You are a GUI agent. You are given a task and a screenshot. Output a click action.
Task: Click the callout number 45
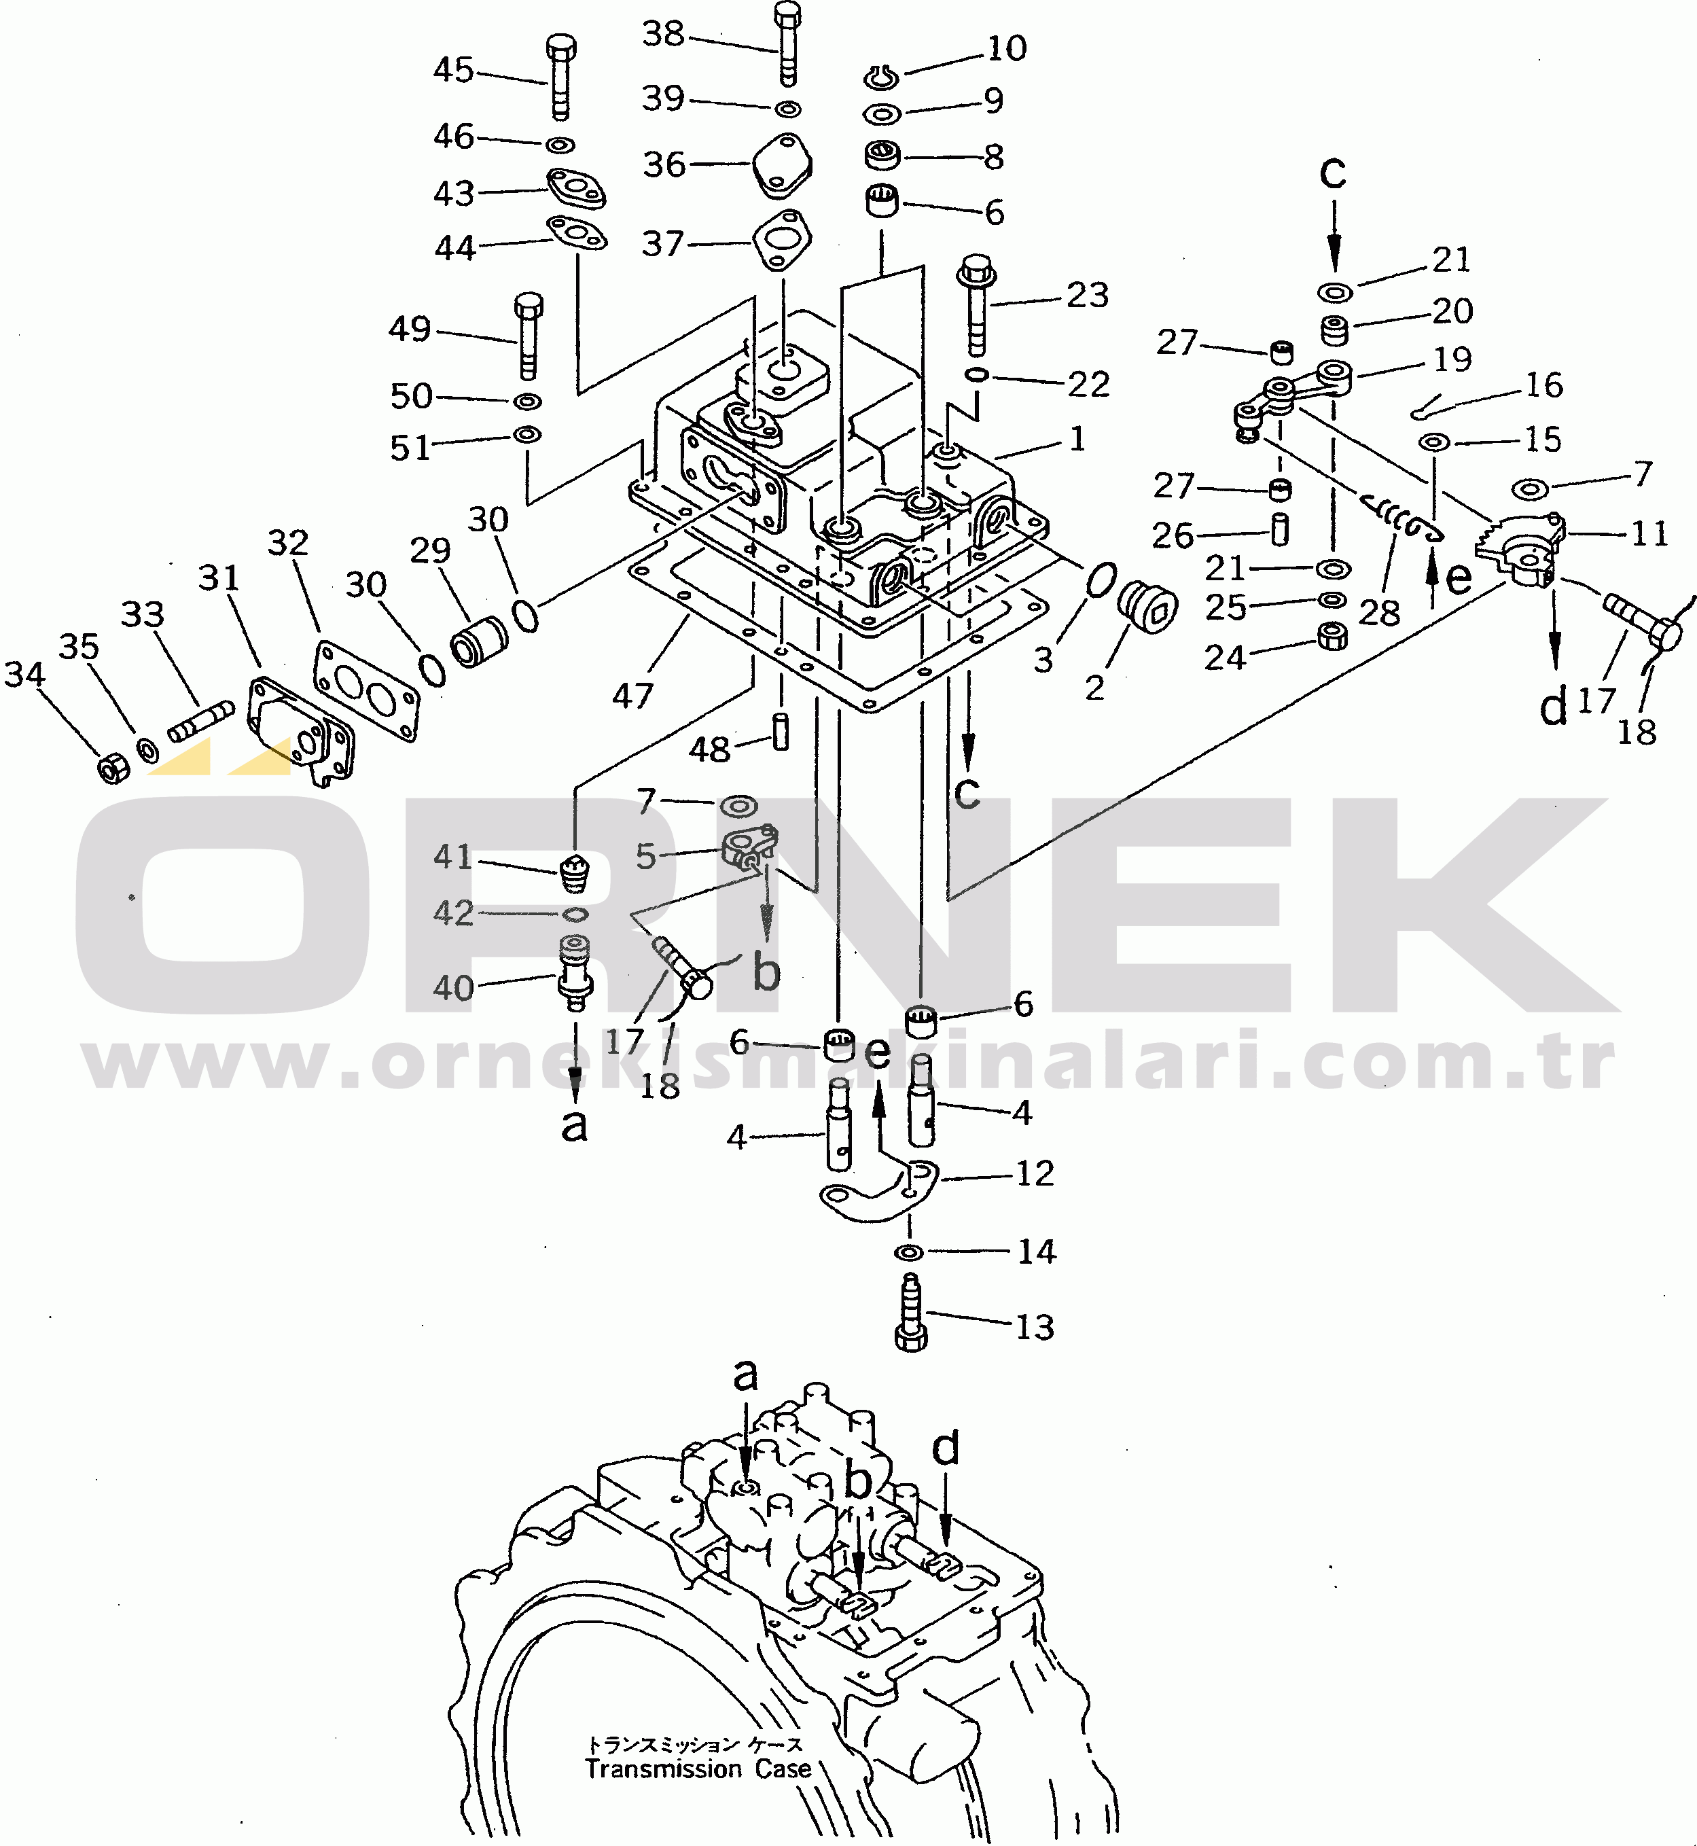pyautogui.click(x=454, y=70)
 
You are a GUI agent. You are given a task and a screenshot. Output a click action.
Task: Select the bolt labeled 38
pyautogui.click(x=787, y=43)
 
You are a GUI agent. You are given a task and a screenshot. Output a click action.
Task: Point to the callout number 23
pyautogui.click(x=1087, y=295)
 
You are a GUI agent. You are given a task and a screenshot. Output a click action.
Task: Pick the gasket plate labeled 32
pyautogui.click(x=365, y=691)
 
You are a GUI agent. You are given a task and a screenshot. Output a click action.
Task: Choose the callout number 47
pyautogui.click(x=632, y=695)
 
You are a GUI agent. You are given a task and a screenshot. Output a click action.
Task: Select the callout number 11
pyautogui.click(x=1649, y=533)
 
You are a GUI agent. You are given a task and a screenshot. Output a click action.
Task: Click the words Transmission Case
pyautogui.click(x=698, y=1768)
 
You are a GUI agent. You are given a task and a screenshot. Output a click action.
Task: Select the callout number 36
pyautogui.click(x=664, y=164)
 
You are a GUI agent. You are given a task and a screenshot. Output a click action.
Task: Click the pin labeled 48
pyautogui.click(x=781, y=732)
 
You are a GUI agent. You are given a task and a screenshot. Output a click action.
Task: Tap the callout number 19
pyautogui.click(x=1452, y=359)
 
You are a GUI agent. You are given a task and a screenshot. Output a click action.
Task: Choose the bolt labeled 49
pyautogui.click(x=528, y=336)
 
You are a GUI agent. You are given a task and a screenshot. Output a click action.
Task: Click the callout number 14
pyautogui.click(x=1037, y=1251)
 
